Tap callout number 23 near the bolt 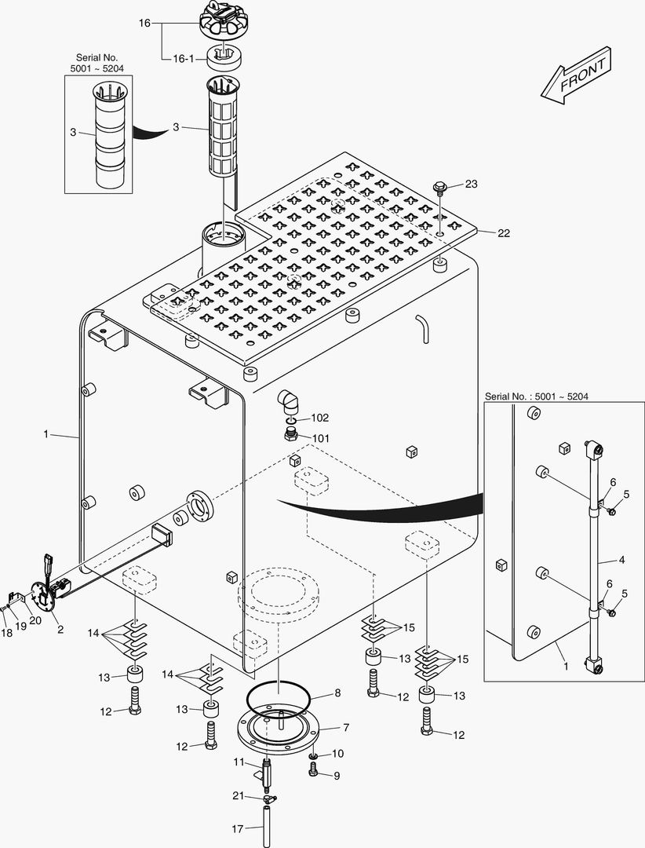point(470,185)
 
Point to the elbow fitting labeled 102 point(290,402)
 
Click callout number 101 point(321,438)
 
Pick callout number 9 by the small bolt point(337,776)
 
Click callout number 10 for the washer point(338,754)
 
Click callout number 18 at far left point(6,631)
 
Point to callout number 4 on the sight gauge point(621,560)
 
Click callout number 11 point(239,762)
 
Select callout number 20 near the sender point(35,620)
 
